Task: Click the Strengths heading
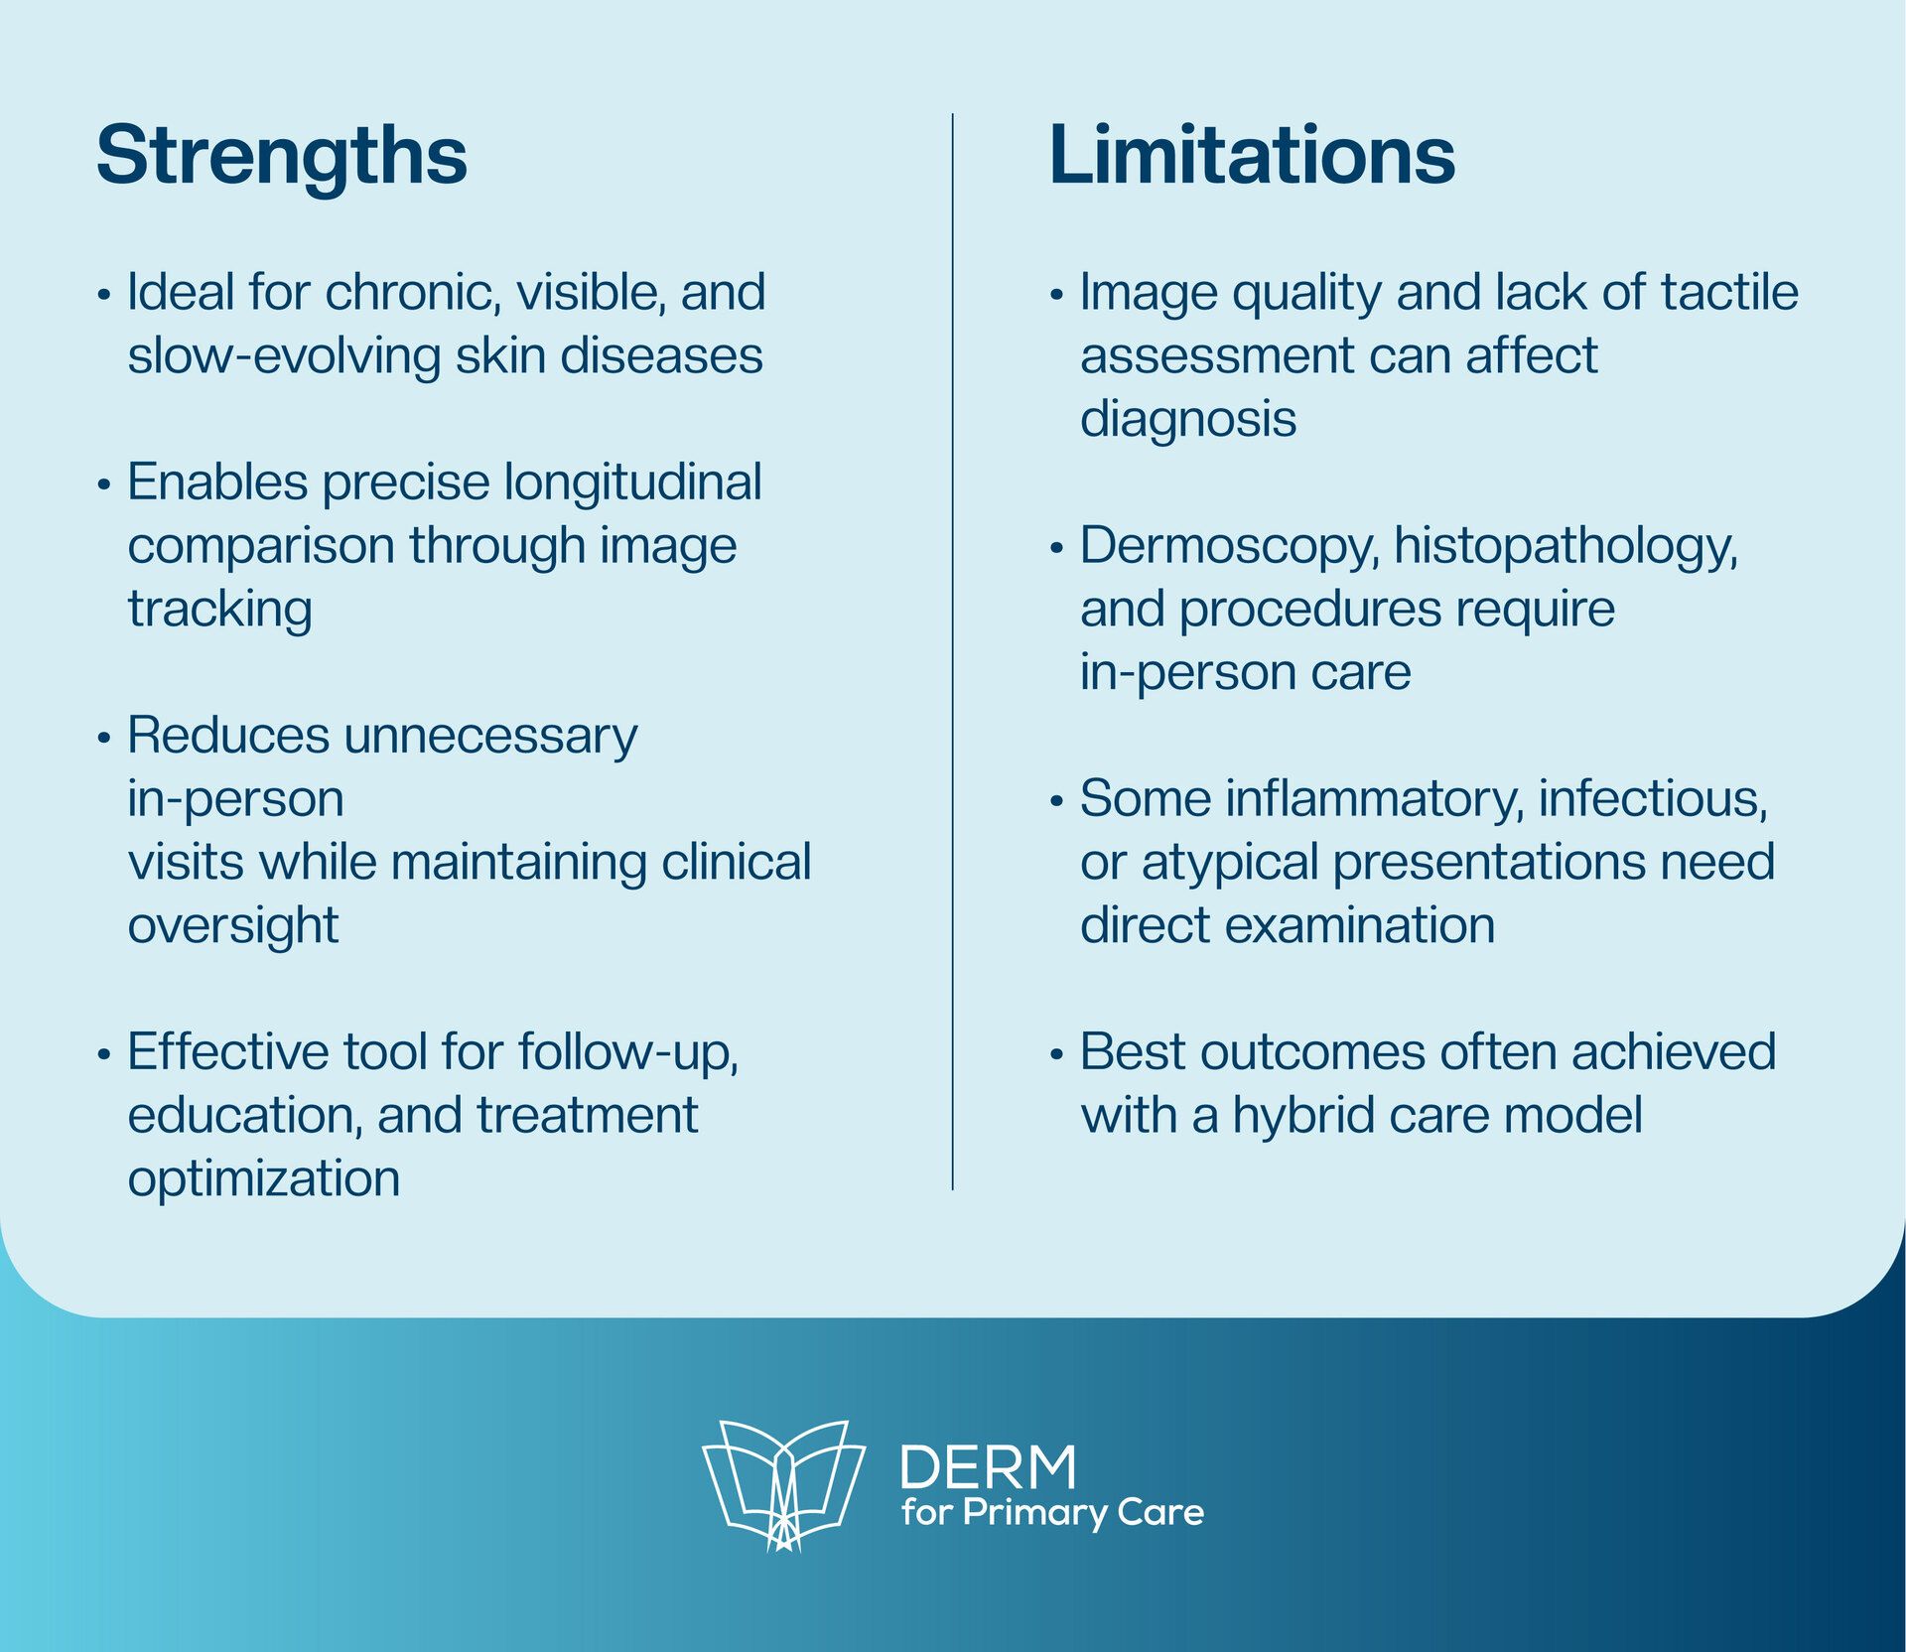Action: point(281,157)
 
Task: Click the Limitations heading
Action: point(1252,155)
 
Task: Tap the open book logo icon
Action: point(783,1484)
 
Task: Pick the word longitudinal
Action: point(633,483)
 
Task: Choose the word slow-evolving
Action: point(284,356)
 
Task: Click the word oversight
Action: point(233,926)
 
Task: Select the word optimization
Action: point(264,1179)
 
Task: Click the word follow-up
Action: point(627,1053)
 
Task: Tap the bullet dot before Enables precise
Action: point(103,485)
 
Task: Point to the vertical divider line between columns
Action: point(953,651)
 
